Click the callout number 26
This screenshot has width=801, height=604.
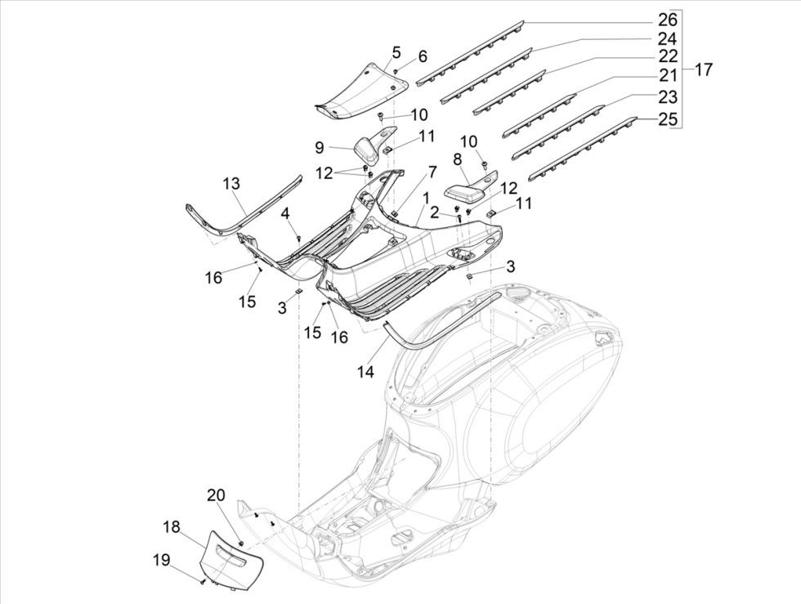point(668,20)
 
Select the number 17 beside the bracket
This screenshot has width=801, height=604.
point(703,70)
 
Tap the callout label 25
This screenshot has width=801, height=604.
point(668,120)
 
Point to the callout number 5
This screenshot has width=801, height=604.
point(396,53)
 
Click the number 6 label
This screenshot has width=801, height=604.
point(423,56)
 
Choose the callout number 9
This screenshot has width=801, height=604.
point(320,147)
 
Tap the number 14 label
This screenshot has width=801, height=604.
point(365,372)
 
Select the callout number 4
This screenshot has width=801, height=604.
point(285,213)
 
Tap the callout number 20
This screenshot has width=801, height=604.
point(215,495)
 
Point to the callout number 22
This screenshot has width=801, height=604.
point(668,56)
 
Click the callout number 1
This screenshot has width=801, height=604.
point(426,199)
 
